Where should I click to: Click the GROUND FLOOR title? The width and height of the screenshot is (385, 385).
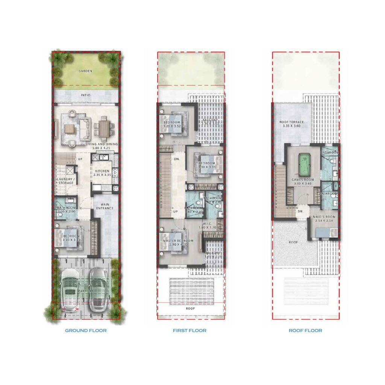[x=86, y=331]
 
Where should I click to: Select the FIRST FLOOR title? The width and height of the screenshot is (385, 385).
[x=189, y=331]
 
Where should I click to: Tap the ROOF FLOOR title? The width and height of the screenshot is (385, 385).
[x=305, y=331]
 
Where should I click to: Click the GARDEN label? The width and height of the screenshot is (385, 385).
[x=86, y=71]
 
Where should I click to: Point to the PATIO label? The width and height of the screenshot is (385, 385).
[x=86, y=95]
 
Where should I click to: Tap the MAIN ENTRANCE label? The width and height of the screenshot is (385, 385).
[x=103, y=206]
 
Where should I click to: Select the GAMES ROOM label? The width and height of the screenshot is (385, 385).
[x=303, y=180]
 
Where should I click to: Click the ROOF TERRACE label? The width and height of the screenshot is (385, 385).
[x=291, y=122]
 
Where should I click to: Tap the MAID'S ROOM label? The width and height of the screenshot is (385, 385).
[x=323, y=217]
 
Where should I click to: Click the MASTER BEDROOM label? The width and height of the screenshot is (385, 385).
[x=178, y=241]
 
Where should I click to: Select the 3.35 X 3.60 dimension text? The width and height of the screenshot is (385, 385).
[x=291, y=127]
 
